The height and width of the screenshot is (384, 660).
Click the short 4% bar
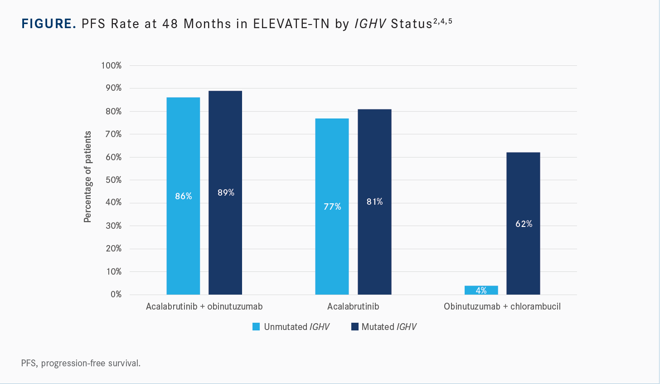[481, 290]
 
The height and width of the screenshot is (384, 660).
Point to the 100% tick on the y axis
[112, 65]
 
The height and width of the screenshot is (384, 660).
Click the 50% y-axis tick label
[113, 180]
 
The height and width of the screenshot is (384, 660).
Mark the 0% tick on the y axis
[116, 295]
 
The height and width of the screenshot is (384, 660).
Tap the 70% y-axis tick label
[113, 134]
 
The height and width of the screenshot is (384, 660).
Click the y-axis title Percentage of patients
[87, 177]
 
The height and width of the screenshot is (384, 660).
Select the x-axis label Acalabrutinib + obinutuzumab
[204, 306]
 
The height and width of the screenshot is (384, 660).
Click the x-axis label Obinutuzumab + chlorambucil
[502, 306]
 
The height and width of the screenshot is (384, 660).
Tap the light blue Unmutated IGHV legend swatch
[256, 327]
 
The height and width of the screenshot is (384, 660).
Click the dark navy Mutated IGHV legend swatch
[355, 327]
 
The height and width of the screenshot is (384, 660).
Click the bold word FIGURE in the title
[49, 24]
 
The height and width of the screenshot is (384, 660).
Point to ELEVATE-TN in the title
[291, 24]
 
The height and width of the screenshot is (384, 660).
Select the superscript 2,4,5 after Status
[443, 21]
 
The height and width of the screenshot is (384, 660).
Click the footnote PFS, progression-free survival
[81, 363]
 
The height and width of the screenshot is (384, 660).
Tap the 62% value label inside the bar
[524, 224]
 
